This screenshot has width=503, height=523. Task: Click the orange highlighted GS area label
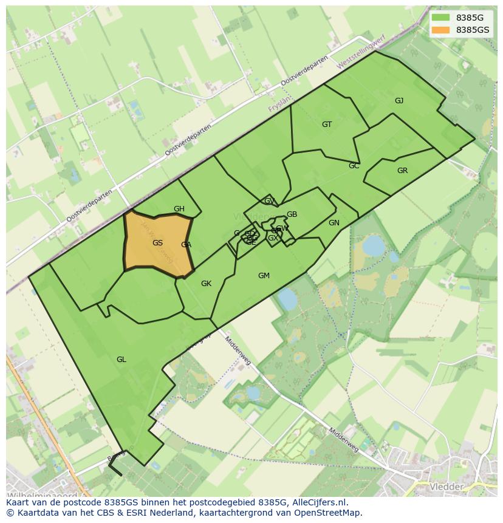click(x=157, y=243)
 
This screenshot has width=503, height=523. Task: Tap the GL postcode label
click(x=121, y=360)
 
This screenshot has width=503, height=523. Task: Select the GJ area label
click(x=399, y=101)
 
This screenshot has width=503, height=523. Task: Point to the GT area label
click(x=327, y=125)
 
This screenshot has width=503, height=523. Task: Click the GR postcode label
click(x=402, y=171)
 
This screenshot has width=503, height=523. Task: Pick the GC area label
click(x=354, y=166)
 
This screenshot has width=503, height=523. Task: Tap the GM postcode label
click(x=264, y=276)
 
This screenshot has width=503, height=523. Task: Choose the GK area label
click(x=207, y=284)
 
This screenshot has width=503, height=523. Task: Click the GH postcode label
click(x=179, y=209)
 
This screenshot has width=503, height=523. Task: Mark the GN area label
click(x=334, y=223)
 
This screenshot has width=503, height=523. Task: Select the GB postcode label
click(x=292, y=214)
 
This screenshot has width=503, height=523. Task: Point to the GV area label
click(x=269, y=201)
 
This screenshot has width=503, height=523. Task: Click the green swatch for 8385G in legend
click(x=441, y=18)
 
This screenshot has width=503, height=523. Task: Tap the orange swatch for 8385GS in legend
click(x=441, y=30)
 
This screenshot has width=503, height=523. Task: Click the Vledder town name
click(x=447, y=487)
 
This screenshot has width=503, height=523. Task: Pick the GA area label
click(x=186, y=245)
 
